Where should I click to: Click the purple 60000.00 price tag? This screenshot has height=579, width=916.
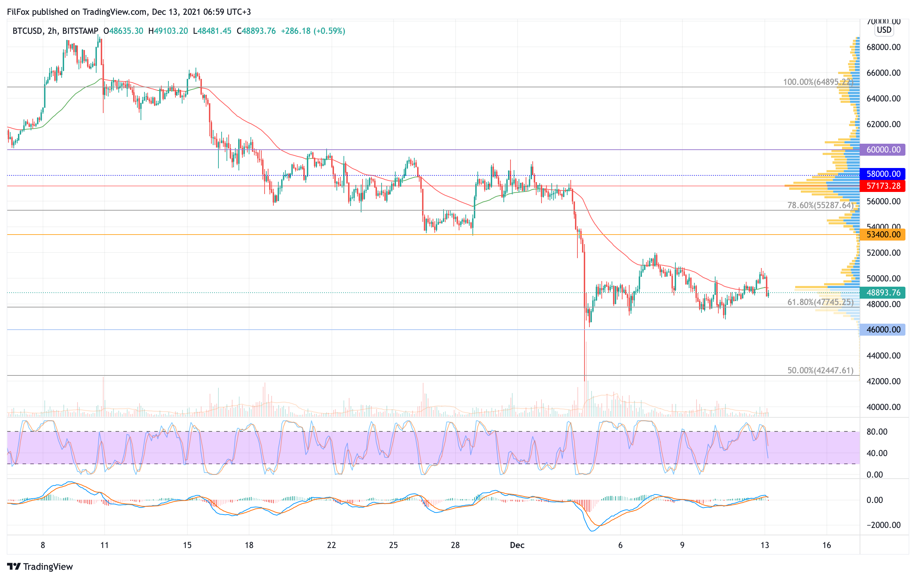click(883, 150)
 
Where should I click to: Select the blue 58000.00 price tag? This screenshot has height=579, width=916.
click(883, 174)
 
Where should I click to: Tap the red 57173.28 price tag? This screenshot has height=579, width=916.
click(883, 186)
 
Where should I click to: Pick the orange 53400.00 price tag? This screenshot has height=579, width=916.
click(883, 235)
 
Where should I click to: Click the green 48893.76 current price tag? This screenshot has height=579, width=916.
click(883, 293)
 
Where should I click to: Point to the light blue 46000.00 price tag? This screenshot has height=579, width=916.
click(883, 330)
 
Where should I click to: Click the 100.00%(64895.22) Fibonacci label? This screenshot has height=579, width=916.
click(818, 82)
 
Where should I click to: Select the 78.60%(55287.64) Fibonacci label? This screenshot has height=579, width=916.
click(820, 205)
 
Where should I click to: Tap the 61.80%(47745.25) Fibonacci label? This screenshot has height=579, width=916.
click(820, 302)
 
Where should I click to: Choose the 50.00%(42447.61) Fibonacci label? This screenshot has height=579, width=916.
click(820, 370)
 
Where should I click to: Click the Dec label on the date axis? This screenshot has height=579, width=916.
click(517, 545)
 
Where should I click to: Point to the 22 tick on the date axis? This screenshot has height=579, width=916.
click(331, 545)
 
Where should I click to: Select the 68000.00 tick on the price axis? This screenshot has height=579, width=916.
click(883, 47)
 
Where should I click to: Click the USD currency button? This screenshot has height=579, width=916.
click(884, 30)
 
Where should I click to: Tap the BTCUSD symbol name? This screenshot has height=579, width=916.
click(27, 31)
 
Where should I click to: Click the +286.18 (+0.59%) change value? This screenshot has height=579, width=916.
click(313, 31)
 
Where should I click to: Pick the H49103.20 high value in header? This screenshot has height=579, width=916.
click(168, 31)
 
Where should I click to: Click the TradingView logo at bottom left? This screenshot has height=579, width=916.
click(40, 566)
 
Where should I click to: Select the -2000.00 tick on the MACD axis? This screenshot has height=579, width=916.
click(883, 525)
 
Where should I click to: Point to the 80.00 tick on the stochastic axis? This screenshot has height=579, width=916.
click(877, 432)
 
